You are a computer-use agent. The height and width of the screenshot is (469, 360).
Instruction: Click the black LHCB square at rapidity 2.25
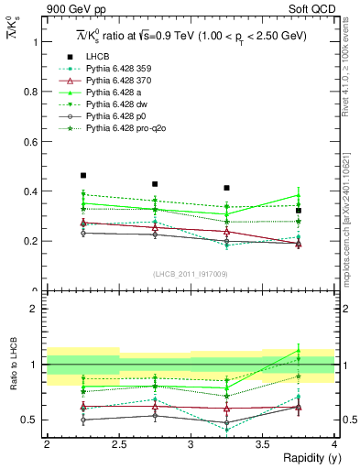[x=83, y=175]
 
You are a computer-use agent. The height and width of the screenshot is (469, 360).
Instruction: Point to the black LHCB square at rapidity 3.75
[x=299, y=211]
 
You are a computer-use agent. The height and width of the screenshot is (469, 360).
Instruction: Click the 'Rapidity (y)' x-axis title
[x=307, y=457]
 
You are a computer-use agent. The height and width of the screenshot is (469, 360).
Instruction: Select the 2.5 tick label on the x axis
[x=119, y=444]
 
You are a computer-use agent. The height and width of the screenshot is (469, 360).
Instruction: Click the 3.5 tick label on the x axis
[x=263, y=444]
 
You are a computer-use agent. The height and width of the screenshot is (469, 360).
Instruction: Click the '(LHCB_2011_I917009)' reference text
[x=191, y=273]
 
